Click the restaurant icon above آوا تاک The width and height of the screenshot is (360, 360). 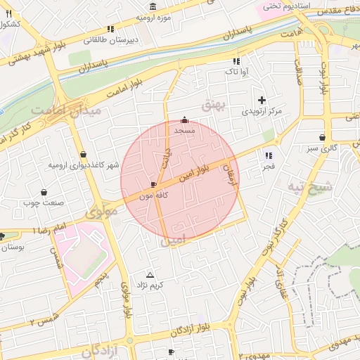click(236, 61)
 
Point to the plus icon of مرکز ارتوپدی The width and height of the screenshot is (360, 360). click(262, 101)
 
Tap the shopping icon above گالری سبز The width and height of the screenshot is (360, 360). click(322, 137)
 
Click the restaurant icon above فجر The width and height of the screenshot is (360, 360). click(268, 155)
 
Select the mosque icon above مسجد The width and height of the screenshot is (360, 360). click(185, 120)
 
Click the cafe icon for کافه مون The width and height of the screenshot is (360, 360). click(154, 185)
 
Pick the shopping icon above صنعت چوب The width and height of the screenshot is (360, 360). click(44, 192)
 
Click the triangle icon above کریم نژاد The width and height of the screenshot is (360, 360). click(149, 275)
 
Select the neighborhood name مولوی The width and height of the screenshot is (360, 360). click(101, 212)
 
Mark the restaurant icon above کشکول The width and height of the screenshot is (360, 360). click(8, 13)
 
